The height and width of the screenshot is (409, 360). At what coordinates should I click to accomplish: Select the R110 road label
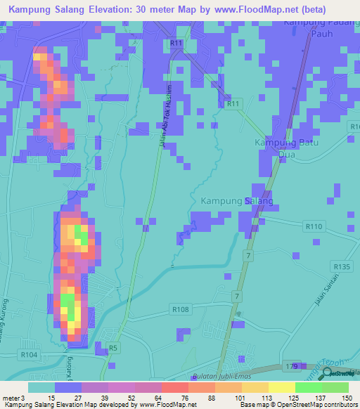(x=314, y=226)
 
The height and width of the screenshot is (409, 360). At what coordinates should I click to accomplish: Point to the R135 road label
(x=342, y=266)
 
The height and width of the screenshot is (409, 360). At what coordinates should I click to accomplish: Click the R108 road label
(x=181, y=309)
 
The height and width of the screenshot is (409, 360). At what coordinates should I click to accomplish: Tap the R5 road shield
(x=112, y=347)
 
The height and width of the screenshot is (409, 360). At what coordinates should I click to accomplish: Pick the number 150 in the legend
(x=346, y=398)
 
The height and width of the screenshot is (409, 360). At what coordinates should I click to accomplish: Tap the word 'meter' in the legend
(x=11, y=398)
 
